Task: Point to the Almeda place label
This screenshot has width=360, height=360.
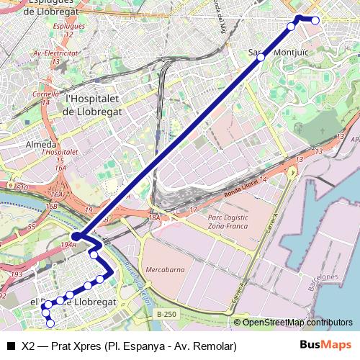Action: point(40,144)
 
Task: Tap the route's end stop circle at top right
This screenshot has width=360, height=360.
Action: point(315,21)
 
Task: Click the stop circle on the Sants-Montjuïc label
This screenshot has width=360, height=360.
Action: point(261,57)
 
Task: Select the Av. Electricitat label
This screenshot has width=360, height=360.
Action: point(56,53)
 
